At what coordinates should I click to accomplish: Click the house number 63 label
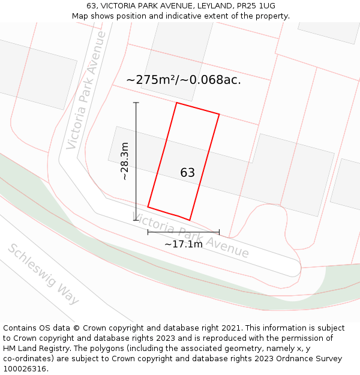[187, 173]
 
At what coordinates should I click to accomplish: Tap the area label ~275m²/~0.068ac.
[184, 80]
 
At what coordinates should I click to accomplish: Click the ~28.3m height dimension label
[124, 161]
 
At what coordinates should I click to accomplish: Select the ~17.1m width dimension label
[184, 244]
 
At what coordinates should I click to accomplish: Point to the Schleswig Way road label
[43, 274]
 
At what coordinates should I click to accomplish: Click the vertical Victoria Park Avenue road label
[86, 90]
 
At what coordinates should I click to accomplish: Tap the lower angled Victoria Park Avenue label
[190, 235]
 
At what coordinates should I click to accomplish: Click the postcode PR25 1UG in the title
[254, 6]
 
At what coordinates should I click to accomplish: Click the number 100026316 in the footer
[26, 369]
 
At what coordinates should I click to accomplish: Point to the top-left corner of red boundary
[176, 103]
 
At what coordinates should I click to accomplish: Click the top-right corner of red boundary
[219, 114]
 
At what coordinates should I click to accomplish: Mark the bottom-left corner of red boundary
[148, 208]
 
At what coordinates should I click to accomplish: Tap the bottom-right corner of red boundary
[190, 220]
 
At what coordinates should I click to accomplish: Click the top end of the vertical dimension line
[136, 103]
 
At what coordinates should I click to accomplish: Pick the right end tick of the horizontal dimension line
[219, 232]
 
